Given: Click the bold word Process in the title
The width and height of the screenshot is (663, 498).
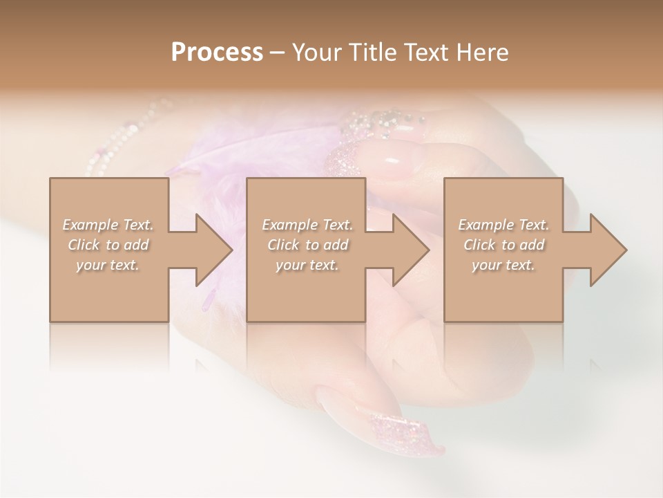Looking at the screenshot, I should pos(217,53).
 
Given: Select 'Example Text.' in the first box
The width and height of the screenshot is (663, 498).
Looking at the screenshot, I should pos(108,225).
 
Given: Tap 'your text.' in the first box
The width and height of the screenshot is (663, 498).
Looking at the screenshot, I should pos(108,265).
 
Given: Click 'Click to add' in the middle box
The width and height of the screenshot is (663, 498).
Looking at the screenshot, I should pos(307,245).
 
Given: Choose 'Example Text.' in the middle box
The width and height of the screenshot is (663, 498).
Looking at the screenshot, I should pos(307,225).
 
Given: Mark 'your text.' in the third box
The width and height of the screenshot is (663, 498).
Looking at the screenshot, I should pos(503,265).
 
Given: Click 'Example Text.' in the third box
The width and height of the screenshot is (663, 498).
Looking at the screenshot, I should pos(503,225).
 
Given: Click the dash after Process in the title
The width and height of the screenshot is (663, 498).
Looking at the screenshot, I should pos(278,53).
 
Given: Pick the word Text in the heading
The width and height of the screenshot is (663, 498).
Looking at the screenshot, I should pos(424,53).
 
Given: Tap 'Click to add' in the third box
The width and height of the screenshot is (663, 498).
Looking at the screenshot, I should pos(503,245).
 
